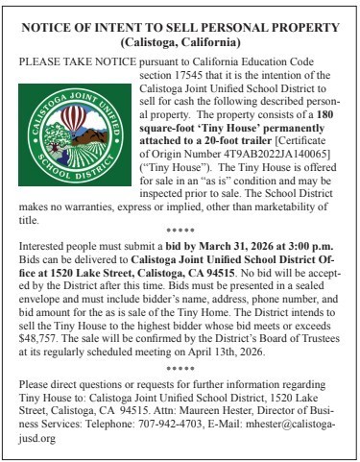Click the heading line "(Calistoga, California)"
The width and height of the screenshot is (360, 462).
tap(180, 43)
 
